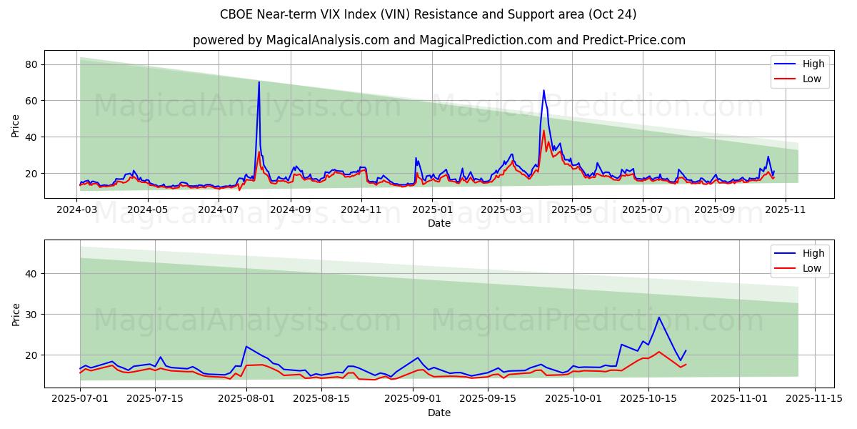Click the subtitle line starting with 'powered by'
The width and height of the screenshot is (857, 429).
tap(438, 40)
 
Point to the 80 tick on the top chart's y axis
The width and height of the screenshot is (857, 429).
tap(31, 64)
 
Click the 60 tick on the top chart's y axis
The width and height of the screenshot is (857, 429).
tap(31, 101)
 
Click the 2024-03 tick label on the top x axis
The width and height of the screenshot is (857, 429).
tap(77, 209)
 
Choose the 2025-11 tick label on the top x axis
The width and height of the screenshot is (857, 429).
tap(786, 209)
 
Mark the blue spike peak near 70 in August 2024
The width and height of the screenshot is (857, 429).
tap(259, 82)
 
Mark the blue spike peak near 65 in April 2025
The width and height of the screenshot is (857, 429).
tap(543, 90)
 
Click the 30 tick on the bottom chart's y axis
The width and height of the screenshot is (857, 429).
tap(31, 315)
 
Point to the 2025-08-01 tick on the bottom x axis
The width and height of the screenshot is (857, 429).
tap(246, 399)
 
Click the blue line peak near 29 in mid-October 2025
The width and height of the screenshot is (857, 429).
tap(659, 317)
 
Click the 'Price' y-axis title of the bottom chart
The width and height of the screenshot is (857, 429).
tap(16, 313)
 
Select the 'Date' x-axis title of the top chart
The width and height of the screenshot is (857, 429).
tap(438, 223)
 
